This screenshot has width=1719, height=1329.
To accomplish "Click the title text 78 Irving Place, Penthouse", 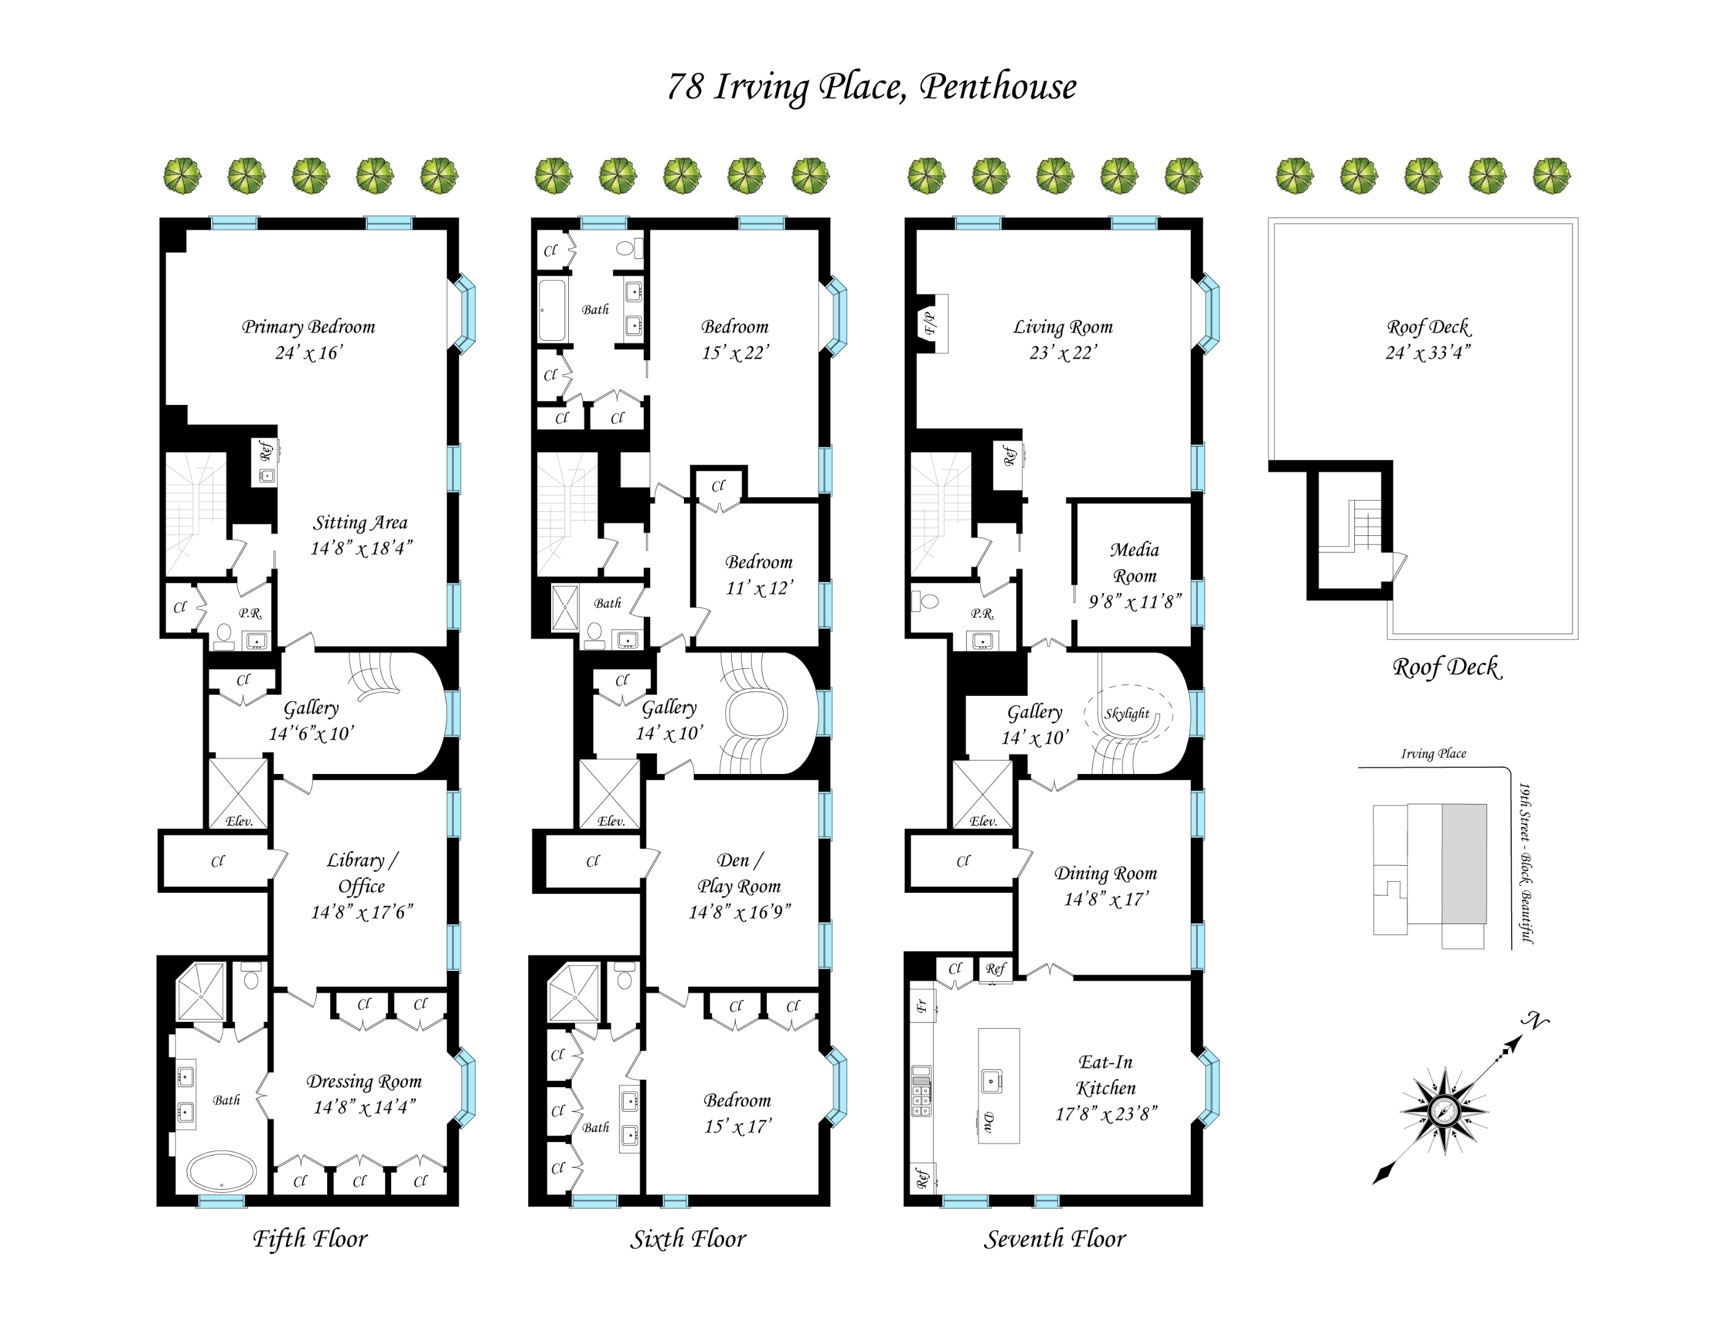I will pyautogui.click(x=871, y=87).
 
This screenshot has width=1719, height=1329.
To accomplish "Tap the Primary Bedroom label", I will pyautogui.click(x=308, y=327).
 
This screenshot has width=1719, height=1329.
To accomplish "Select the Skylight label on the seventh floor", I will pyautogui.click(x=1126, y=713).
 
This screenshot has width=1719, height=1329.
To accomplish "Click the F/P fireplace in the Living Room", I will pyautogui.click(x=931, y=324).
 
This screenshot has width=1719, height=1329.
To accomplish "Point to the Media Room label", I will pyautogui.click(x=1134, y=562).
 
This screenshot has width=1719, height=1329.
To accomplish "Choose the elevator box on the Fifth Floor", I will pyautogui.click(x=237, y=792).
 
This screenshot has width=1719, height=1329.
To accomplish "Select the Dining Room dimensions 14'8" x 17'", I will pyautogui.click(x=1106, y=899).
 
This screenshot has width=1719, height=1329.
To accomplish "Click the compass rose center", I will pyautogui.click(x=1443, y=1111).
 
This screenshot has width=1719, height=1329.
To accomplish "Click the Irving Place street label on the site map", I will pyautogui.click(x=1432, y=754).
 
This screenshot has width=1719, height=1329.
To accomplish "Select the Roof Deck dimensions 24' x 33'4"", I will pyautogui.click(x=1427, y=353).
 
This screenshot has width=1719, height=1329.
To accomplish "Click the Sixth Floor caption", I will pyautogui.click(x=687, y=1239).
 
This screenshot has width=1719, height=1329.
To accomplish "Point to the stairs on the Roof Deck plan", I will pyautogui.click(x=1367, y=526).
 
